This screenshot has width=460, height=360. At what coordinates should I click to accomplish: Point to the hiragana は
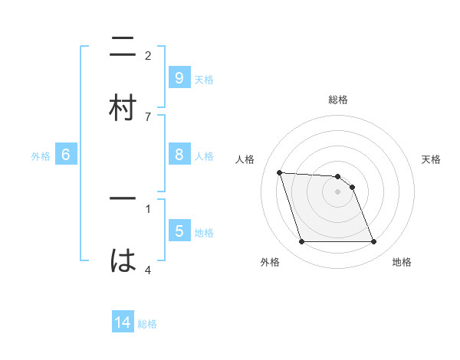(123, 260)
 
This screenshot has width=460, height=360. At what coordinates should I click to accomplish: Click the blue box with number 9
(179, 77)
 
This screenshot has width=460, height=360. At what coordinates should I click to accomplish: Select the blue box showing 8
(179, 155)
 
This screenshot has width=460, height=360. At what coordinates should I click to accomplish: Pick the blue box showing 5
(179, 231)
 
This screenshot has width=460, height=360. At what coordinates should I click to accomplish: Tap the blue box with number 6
(66, 155)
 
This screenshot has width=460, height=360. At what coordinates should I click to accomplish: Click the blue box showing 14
(123, 322)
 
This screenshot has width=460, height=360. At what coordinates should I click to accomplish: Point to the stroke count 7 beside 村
(148, 116)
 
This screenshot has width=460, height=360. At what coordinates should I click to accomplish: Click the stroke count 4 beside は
(148, 270)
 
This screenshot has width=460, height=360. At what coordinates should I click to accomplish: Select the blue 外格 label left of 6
(41, 156)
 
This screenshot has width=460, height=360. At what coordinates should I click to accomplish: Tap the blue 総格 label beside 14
(147, 324)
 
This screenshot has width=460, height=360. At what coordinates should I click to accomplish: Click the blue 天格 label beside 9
(204, 79)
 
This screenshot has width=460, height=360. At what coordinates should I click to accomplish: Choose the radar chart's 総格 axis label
(338, 100)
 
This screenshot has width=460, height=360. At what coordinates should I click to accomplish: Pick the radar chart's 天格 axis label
(432, 159)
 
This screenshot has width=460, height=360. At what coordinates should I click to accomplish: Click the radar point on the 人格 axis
(280, 172)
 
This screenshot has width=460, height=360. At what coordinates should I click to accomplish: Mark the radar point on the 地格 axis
(373, 242)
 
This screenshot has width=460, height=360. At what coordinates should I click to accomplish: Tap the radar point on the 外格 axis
(301, 242)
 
